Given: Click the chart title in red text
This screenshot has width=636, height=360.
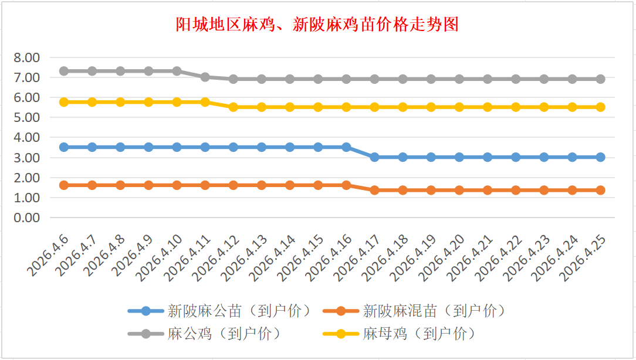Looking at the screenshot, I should (x=317, y=25).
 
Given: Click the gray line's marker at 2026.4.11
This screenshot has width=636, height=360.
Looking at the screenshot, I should (x=205, y=77).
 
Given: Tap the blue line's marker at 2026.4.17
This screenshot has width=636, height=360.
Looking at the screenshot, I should (x=374, y=157).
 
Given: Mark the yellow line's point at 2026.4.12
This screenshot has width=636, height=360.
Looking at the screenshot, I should (x=234, y=107).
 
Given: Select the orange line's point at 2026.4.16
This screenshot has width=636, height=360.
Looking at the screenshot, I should (x=346, y=185).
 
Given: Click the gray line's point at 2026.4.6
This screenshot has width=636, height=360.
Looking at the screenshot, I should (x=64, y=71).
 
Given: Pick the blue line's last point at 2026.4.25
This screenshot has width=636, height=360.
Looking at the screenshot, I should (x=600, y=157).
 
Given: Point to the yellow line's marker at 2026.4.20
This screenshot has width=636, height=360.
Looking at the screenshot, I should (x=459, y=107).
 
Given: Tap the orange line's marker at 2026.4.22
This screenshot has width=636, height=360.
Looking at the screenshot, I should (x=516, y=190).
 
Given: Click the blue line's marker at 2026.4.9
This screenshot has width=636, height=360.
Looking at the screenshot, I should (x=149, y=147).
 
